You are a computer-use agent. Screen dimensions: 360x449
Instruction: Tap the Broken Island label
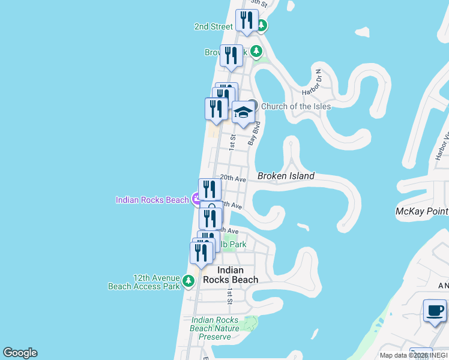point(286,176)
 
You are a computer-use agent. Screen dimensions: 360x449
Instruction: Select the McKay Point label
point(422,211)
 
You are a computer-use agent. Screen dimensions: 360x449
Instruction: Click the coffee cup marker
point(435,311)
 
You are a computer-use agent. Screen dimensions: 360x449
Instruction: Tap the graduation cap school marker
point(243,112)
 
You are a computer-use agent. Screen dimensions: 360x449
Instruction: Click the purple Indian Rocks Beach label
point(152,200)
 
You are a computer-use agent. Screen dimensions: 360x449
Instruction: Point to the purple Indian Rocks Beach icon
point(196,199)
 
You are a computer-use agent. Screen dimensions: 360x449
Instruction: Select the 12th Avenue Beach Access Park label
point(143,282)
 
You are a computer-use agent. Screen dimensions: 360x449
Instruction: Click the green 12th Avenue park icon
point(188,280)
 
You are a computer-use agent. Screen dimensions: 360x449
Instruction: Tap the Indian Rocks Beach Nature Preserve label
point(215,328)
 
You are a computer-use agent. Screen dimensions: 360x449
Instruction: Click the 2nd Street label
point(213,26)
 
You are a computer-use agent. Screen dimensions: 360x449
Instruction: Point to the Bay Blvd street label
point(255,133)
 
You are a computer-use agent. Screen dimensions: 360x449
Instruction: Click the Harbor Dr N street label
point(312,82)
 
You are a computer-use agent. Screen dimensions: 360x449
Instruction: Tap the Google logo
point(20,353)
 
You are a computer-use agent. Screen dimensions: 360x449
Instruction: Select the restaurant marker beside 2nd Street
point(246,21)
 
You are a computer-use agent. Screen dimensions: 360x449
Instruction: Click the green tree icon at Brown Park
point(257,52)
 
